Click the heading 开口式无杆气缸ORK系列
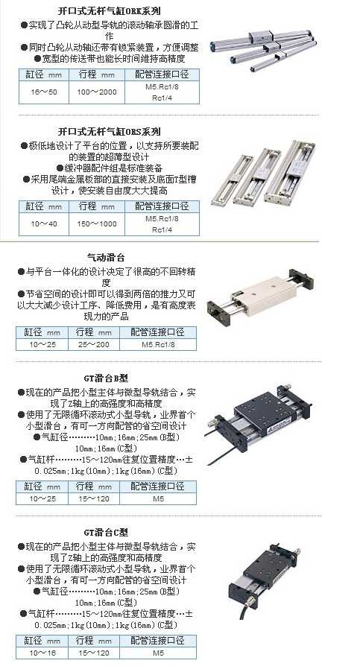(110, 10)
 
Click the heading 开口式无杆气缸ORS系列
(110, 132)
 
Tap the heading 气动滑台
(106, 258)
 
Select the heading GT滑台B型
(106, 378)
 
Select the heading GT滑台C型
(106, 532)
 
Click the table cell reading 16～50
(44, 92)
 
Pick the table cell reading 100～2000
(97, 92)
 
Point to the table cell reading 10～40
(44, 224)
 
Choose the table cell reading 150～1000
(97, 224)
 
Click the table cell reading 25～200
(94, 345)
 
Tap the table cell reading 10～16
(42, 653)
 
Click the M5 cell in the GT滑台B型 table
(158, 499)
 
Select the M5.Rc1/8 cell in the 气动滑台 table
(158, 345)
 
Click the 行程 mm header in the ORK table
(97, 75)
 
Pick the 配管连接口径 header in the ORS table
(162, 206)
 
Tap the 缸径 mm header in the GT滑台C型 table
(42, 641)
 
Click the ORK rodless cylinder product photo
(263, 50)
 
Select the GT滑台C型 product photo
(265, 581)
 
